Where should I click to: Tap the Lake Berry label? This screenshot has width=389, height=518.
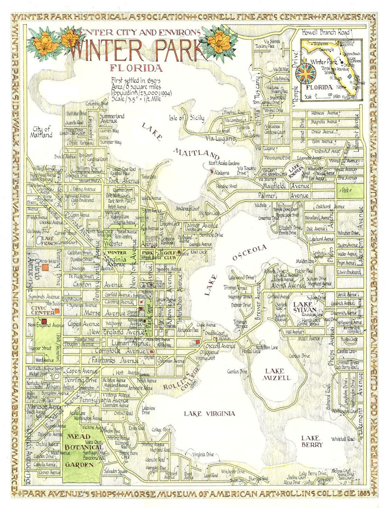click(x=312, y=441)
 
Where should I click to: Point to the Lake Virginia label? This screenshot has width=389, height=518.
click(x=210, y=413)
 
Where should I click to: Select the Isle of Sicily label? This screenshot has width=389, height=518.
click(x=186, y=118)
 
